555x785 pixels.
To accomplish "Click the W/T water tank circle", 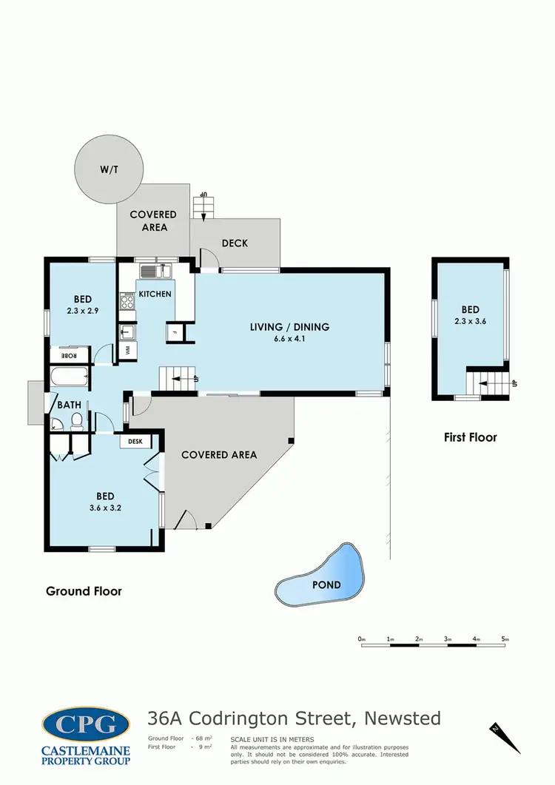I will (109, 169).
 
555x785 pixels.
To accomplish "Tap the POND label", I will (326, 584).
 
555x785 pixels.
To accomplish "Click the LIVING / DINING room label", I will (289, 327).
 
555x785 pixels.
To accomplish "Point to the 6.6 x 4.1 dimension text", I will (289, 340).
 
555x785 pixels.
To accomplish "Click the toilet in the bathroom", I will (75, 421).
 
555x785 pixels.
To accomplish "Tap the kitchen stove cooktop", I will (127, 301).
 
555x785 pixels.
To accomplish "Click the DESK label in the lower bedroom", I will (135, 442).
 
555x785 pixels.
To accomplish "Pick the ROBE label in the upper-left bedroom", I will (68, 353).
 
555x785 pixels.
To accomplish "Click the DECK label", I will (235, 243).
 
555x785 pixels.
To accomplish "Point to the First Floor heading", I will (470, 437).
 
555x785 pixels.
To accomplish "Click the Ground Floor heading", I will (84, 591).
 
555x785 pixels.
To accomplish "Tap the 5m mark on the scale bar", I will (505, 639).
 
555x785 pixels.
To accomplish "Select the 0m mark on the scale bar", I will (362, 639).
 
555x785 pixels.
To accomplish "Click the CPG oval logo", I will (86, 724).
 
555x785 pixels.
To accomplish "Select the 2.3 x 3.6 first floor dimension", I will (471, 322).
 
